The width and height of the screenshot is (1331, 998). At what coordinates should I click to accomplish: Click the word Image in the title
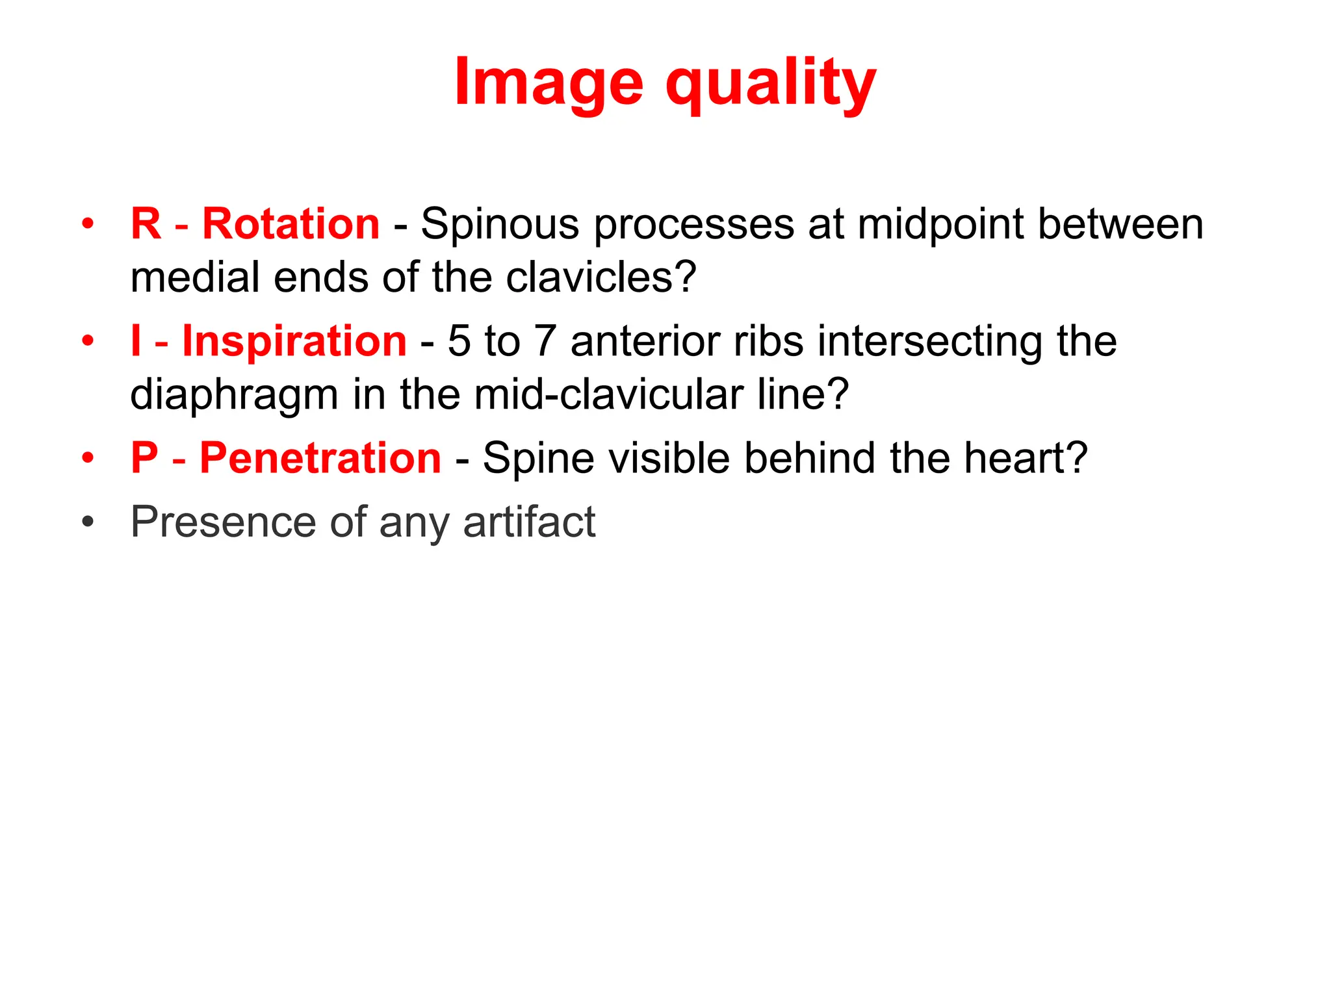(549, 83)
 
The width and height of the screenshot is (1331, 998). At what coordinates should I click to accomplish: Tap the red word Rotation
(291, 224)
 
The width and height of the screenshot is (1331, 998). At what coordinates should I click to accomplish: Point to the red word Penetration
(320, 458)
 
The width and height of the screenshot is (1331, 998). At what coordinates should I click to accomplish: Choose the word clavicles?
(601, 277)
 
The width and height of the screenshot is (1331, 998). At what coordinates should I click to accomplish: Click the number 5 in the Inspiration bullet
(459, 342)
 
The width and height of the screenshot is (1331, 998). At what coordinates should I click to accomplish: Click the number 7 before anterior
(545, 342)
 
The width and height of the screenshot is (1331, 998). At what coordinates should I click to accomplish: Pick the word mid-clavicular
(610, 394)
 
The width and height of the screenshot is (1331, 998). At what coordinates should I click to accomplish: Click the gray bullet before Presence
(88, 522)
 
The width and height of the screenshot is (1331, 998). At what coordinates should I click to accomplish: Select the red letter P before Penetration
(144, 458)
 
